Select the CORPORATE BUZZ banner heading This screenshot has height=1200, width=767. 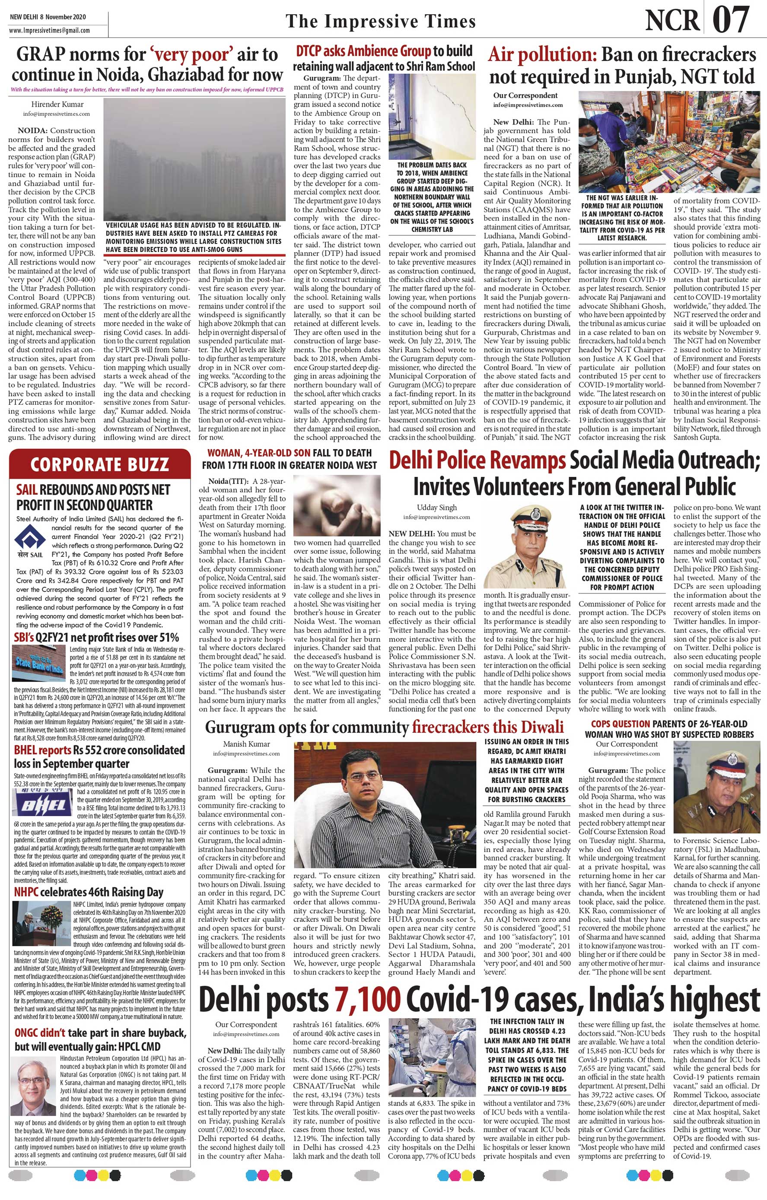coord(100,464)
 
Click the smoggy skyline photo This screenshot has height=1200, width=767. coord(194,159)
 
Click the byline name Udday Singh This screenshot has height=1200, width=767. coord(436,507)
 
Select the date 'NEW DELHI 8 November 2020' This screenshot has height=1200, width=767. coord(48,16)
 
